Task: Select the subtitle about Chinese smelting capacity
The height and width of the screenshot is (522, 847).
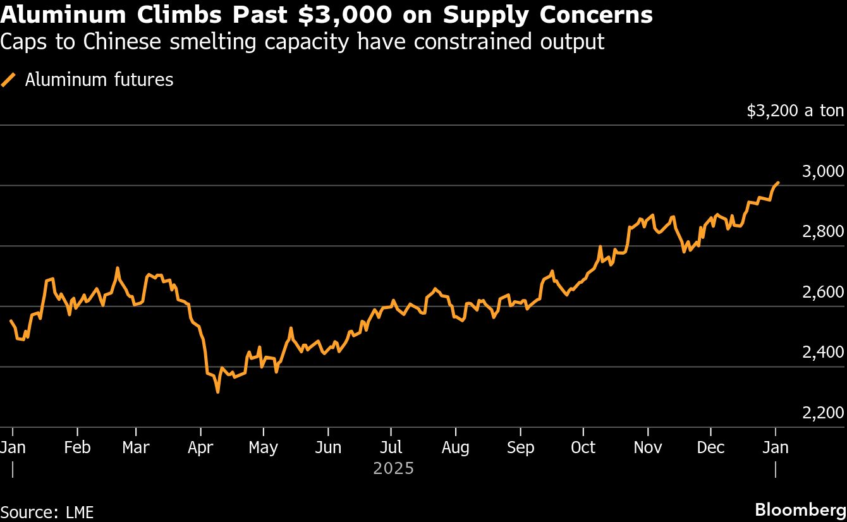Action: click(x=302, y=42)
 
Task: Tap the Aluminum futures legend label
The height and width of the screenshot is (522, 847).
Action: click(x=99, y=80)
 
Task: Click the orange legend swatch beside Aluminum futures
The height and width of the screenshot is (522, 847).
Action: click(x=9, y=80)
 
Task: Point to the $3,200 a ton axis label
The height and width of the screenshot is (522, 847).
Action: click(x=795, y=111)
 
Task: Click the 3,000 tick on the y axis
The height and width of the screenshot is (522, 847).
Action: click(x=822, y=171)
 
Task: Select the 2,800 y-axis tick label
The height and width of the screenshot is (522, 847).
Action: click(x=822, y=231)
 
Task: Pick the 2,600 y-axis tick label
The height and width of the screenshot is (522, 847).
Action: click(x=822, y=292)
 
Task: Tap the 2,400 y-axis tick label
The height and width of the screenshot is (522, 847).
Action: click(x=822, y=352)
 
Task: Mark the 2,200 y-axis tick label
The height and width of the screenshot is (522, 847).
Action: click(x=822, y=413)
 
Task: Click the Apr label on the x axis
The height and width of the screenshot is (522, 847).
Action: click(x=201, y=447)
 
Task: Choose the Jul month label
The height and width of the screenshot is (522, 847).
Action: click(x=391, y=447)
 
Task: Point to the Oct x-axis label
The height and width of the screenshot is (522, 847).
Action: click(x=582, y=447)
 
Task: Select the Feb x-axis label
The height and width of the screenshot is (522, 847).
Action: click(x=77, y=447)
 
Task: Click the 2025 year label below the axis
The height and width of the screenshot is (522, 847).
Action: click(x=393, y=468)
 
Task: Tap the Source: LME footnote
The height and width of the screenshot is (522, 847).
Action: click(x=47, y=512)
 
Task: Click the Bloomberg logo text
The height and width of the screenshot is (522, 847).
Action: click(x=801, y=510)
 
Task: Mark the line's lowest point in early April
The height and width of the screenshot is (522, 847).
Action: click(x=218, y=392)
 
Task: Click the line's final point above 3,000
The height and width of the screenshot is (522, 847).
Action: click(x=778, y=182)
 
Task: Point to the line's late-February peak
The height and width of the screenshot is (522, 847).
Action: click(x=118, y=268)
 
